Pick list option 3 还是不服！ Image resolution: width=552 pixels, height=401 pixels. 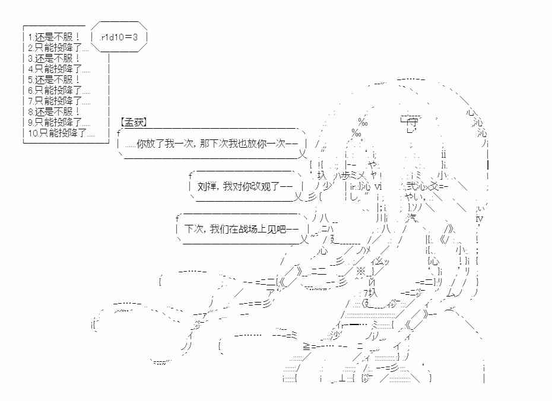(53, 58)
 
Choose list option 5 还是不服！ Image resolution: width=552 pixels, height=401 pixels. (53, 79)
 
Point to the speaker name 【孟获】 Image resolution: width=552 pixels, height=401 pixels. (134, 122)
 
